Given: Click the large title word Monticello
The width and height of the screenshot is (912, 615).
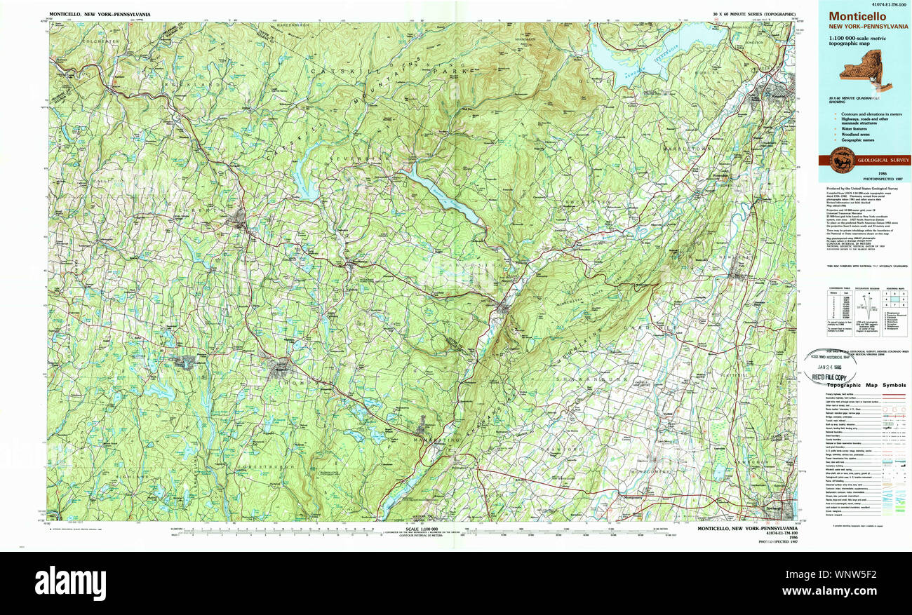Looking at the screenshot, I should tap(857, 17).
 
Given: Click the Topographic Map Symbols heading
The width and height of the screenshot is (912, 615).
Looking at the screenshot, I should tap(866, 385).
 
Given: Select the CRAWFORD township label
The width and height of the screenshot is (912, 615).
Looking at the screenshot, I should tap(565, 449).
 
